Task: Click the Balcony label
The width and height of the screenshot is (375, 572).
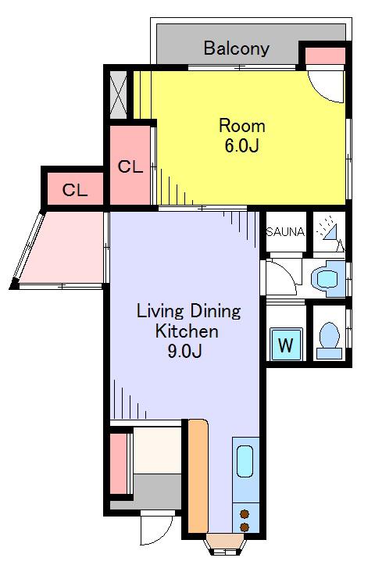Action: point(237,48)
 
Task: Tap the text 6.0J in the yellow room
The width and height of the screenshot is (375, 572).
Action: point(241,145)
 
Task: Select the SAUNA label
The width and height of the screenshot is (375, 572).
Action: point(285,231)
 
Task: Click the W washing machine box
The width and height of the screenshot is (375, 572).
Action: point(287,345)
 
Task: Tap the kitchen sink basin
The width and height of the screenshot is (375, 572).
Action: point(245,462)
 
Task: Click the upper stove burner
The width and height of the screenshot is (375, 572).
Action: point(245,514)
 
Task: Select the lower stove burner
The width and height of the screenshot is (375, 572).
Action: point(245,527)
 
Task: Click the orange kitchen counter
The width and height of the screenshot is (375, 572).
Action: point(198,476)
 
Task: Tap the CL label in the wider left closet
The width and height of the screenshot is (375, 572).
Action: point(75,190)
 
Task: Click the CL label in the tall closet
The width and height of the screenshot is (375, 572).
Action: point(130,166)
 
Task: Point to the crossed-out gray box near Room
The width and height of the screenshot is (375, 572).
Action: point(118,95)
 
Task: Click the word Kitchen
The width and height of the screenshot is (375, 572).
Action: point(187,331)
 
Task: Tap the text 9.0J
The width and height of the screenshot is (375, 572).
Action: point(184,352)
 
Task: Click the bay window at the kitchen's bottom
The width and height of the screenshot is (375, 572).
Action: point(225,544)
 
